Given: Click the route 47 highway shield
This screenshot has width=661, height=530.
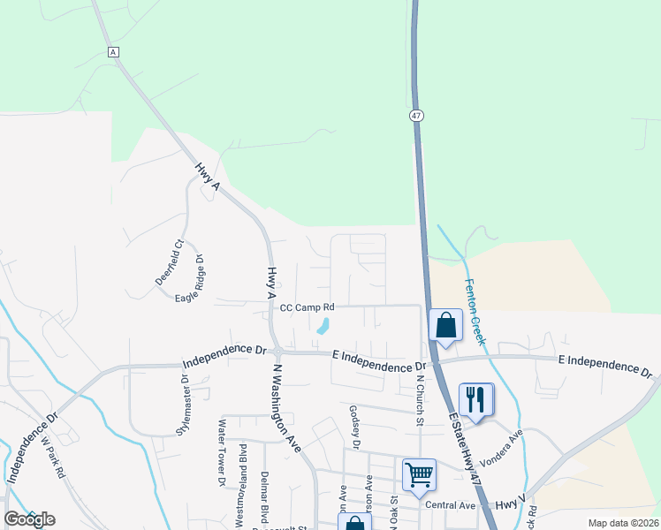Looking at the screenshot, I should pyautogui.click(x=415, y=116).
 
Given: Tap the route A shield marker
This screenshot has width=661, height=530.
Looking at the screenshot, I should pyautogui.click(x=113, y=52).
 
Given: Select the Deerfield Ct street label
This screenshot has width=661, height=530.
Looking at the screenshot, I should pyautogui.click(x=168, y=262).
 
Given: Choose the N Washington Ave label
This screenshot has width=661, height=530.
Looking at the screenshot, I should pyautogui.click(x=288, y=407).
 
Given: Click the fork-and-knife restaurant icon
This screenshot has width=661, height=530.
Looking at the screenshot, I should pyautogui.click(x=475, y=400).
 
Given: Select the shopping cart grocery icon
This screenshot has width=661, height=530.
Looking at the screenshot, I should pyautogui.click(x=418, y=474).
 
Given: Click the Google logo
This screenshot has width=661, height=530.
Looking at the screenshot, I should pyautogui.click(x=29, y=519).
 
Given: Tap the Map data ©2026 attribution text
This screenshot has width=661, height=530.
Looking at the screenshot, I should pyautogui.click(x=622, y=523).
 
